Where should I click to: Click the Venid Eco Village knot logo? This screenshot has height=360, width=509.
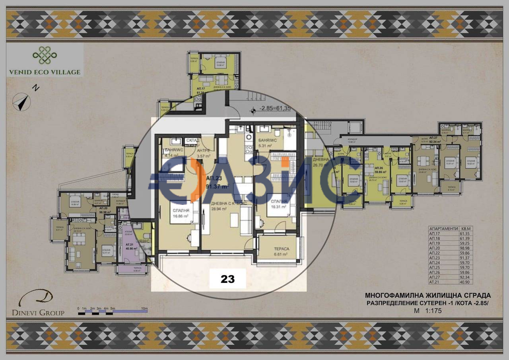[x=45, y=56]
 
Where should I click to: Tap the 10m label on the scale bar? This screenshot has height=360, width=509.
[x=144, y=309]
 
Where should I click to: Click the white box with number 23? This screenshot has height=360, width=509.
[x=228, y=279]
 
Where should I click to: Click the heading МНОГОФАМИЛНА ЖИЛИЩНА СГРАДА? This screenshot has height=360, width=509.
[x=427, y=296]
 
